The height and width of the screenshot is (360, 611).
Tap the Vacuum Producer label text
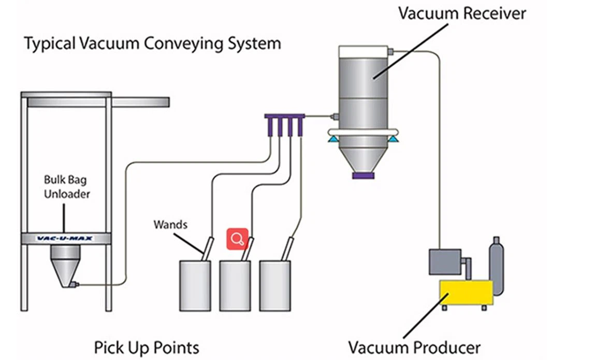(x=414, y=346)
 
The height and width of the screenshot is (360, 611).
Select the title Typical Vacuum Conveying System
(x=152, y=43)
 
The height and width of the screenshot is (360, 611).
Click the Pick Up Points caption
(x=147, y=346)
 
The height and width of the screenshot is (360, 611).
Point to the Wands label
(x=170, y=225)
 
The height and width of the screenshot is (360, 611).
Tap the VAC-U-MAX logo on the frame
(x=66, y=239)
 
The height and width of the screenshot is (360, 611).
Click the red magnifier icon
(x=238, y=238)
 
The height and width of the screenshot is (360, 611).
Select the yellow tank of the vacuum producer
(x=466, y=293)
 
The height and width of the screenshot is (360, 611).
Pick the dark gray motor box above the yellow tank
(x=445, y=262)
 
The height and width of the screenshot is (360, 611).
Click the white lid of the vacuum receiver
(x=363, y=51)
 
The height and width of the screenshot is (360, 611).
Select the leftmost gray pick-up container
(x=195, y=285)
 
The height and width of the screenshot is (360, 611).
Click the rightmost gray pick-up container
(x=274, y=285)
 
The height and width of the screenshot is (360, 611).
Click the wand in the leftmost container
(x=207, y=248)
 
